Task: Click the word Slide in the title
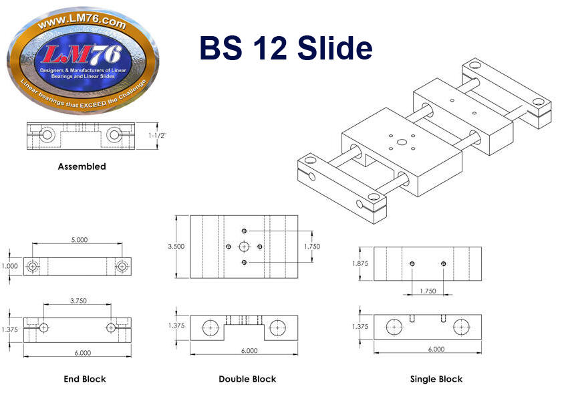pyautogui.click(x=335, y=47)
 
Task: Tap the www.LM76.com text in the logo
pyautogui.click(x=82, y=22)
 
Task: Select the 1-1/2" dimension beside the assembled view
pyautogui.click(x=158, y=135)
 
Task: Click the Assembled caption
pyautogui.click(x=82, y=166)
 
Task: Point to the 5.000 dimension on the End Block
pyautogui.click(x=80, y=239)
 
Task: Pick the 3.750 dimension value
pyautogui.click(x=78, y=301)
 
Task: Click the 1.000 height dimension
pyautogui.click(x=9, y=266)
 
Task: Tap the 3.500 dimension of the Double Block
pyautogui.click(x=176, y=247)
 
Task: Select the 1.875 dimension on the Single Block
pyautogui.click(x=360, y=263)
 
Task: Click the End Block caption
pyautogui.click(x=85, y=379)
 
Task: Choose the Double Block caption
pyautogui.click(x=247, y=379)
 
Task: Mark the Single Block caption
pyautogui.click(x=436, y=379)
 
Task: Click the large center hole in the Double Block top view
pyautogui.click(x=244, y=247)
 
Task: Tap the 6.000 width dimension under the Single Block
pyautogui.click(x=436, y=349)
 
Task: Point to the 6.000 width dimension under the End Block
pyautogui.click(x=82, y=353)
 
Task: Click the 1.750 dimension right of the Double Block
pyautogui.click(x=312, y=247)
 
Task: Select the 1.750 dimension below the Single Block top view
pyautogui.click(x=428, y=291)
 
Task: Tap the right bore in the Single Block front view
pyautogui.click(x=461, y=327)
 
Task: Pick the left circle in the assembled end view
pyautogui.click(x=47, y=135)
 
